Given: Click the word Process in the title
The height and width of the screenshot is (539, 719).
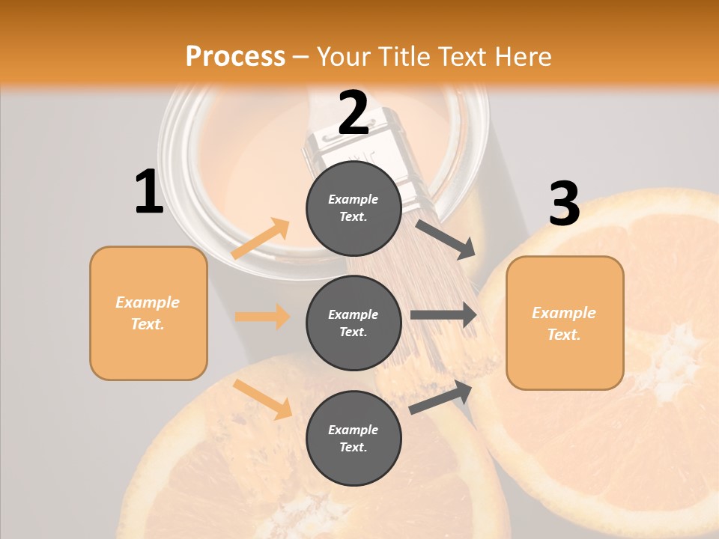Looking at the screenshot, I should point(235,57).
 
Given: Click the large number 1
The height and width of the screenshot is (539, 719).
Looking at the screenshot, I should point(149,192).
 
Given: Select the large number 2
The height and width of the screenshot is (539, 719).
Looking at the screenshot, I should point(354,114).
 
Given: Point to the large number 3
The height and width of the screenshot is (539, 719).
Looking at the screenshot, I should point(564,204).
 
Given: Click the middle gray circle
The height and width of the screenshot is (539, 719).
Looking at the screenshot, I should point(354,323).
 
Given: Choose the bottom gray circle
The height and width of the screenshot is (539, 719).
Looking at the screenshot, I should point(354,438).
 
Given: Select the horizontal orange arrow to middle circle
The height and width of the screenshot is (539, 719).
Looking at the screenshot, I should point(262,317).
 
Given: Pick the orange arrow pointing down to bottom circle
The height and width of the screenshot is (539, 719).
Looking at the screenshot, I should point(263,399).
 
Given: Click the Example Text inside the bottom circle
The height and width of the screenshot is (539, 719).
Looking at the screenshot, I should point(354,438).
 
